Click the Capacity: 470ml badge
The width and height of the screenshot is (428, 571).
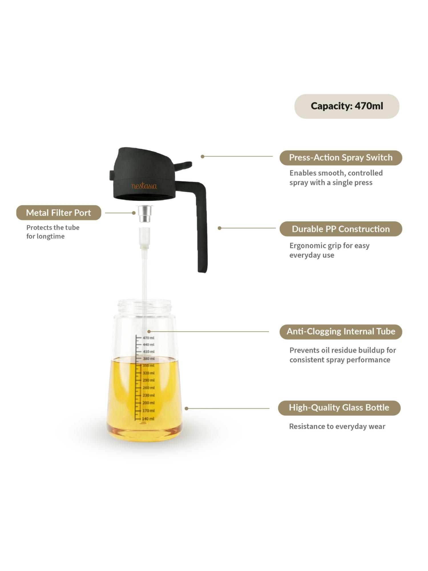pos(347,106)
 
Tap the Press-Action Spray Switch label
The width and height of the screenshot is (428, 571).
pos(341,158)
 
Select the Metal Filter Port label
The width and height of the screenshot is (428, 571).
pos(58,213)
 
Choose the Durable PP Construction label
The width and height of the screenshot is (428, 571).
pos(341,229)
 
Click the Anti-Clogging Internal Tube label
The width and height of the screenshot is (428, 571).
pos(341,331)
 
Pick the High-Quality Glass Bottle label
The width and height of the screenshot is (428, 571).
pos(339,408)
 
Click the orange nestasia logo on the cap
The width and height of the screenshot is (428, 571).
pos(144,186)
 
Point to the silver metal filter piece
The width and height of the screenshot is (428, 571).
pos(145,214)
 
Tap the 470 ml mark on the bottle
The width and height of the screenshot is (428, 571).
pos(148,338)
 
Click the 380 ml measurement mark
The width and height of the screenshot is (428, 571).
pos(149,359)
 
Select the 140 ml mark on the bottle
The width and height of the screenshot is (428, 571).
pos(148,419)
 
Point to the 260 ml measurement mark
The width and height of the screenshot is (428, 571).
pos(148,388)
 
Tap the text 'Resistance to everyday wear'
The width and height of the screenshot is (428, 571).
pos(337,427)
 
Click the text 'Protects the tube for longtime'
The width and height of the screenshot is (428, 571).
pos(53,232)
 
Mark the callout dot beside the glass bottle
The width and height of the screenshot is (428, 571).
pos(186,409)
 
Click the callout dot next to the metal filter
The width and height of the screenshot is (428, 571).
pos(134,213)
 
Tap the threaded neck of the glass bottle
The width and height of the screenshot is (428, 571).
pos(145,306)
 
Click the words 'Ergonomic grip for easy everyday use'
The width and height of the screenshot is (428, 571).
pos(330,250)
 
